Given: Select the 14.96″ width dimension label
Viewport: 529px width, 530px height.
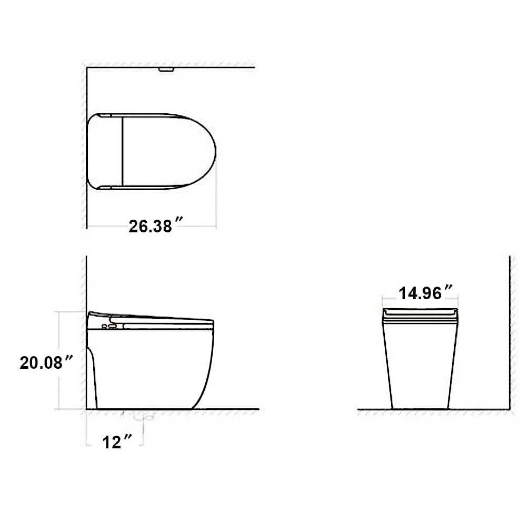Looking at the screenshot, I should (x=425, y=293).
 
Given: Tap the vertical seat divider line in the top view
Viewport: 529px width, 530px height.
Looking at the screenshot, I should (x=122, y=151).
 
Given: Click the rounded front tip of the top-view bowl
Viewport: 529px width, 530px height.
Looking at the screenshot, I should (x=215, y=151).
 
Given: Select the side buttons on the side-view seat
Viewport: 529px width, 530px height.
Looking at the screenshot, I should (x=108, y=327).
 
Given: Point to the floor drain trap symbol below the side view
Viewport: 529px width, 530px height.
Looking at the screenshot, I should (x=141, y=417).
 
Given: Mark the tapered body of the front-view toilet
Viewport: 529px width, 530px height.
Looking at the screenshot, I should (x=420, y=369).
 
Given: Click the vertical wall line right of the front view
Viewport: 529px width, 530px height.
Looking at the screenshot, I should (x=510, y=332).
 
